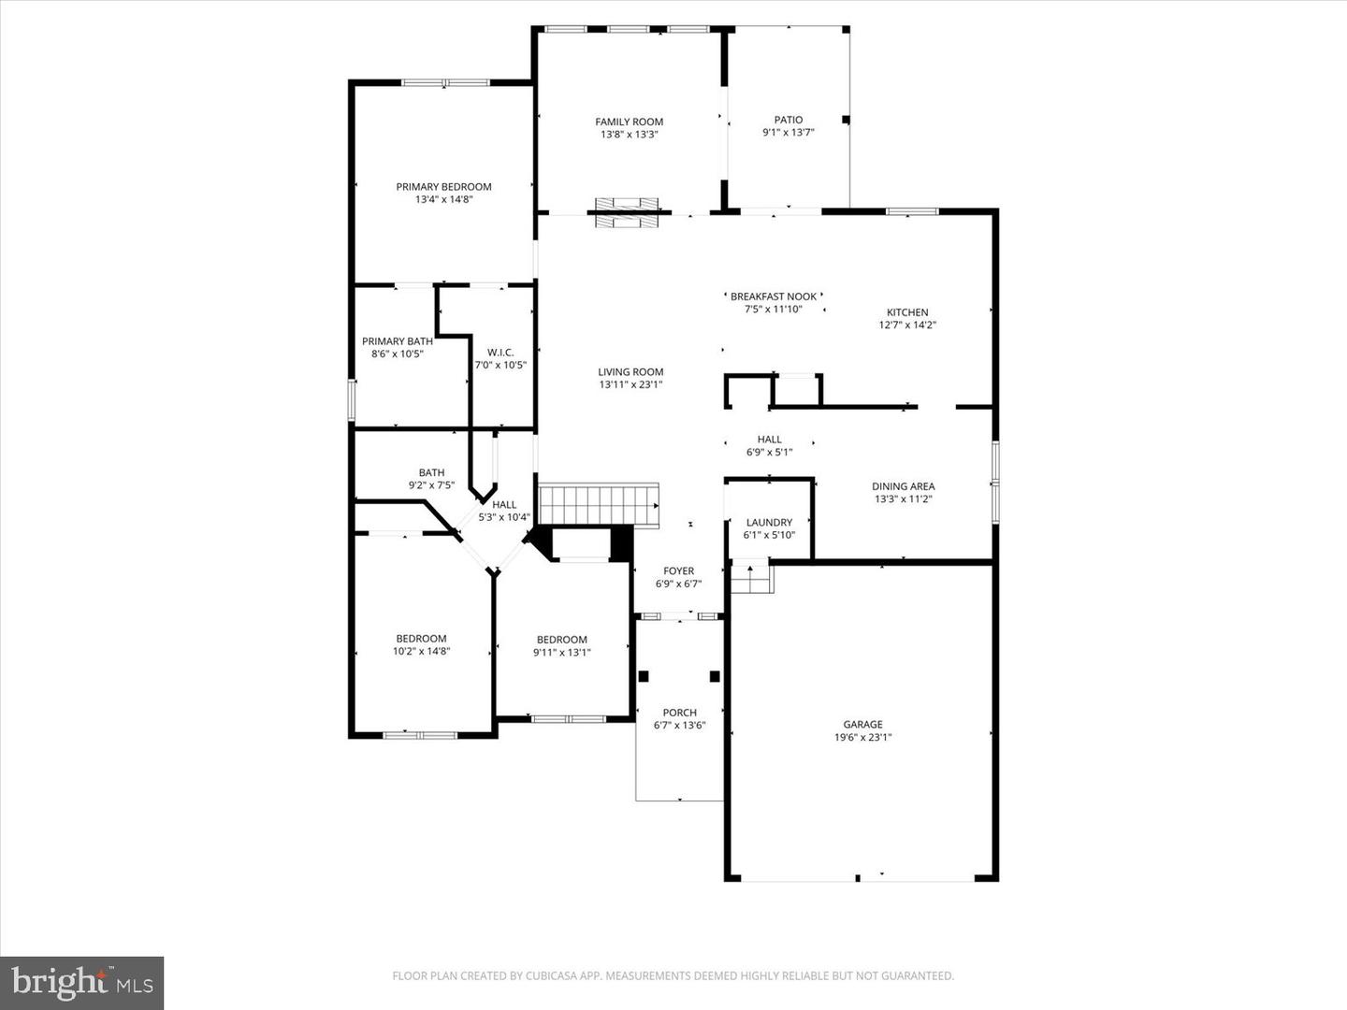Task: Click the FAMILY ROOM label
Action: point(629,122)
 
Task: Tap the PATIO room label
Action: point(788,120)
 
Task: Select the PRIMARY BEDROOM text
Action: point(443,187)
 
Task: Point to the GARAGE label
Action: point(862,724)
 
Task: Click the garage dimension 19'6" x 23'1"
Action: point(862,737)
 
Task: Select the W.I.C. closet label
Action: point(500,353)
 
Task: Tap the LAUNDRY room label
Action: point(769,523)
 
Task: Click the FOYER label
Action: point(678,570)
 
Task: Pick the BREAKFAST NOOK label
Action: point(774,296)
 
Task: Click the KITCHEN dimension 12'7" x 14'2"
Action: point(907,325)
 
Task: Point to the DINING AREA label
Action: point(903,486)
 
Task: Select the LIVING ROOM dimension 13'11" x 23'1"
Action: point(630,384)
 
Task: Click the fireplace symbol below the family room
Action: point(629,212)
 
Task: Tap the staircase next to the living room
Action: point(599,505)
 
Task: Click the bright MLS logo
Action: point(82,982)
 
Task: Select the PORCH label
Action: point(679,713)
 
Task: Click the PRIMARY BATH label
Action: point(398,341)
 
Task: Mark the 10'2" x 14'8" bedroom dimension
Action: point(421,651)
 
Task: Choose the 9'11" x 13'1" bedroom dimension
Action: point(561,653)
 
